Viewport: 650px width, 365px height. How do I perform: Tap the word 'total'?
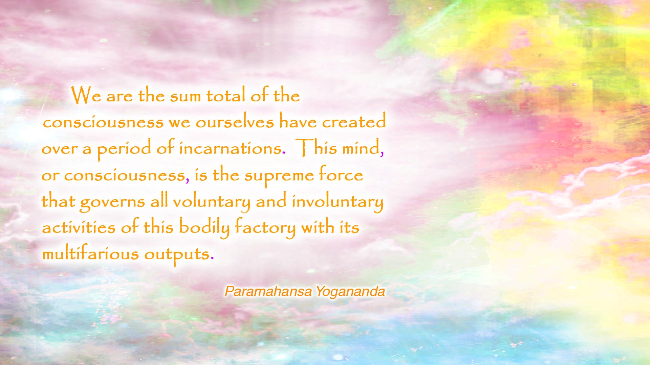tap(226, 95)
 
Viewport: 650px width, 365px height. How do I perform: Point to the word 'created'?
tap(354, 121)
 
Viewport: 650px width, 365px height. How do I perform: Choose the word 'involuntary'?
tap(338, 201)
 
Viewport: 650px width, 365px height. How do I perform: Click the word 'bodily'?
tap(204, 227)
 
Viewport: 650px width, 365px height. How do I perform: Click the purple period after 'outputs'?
tap(212, 259)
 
